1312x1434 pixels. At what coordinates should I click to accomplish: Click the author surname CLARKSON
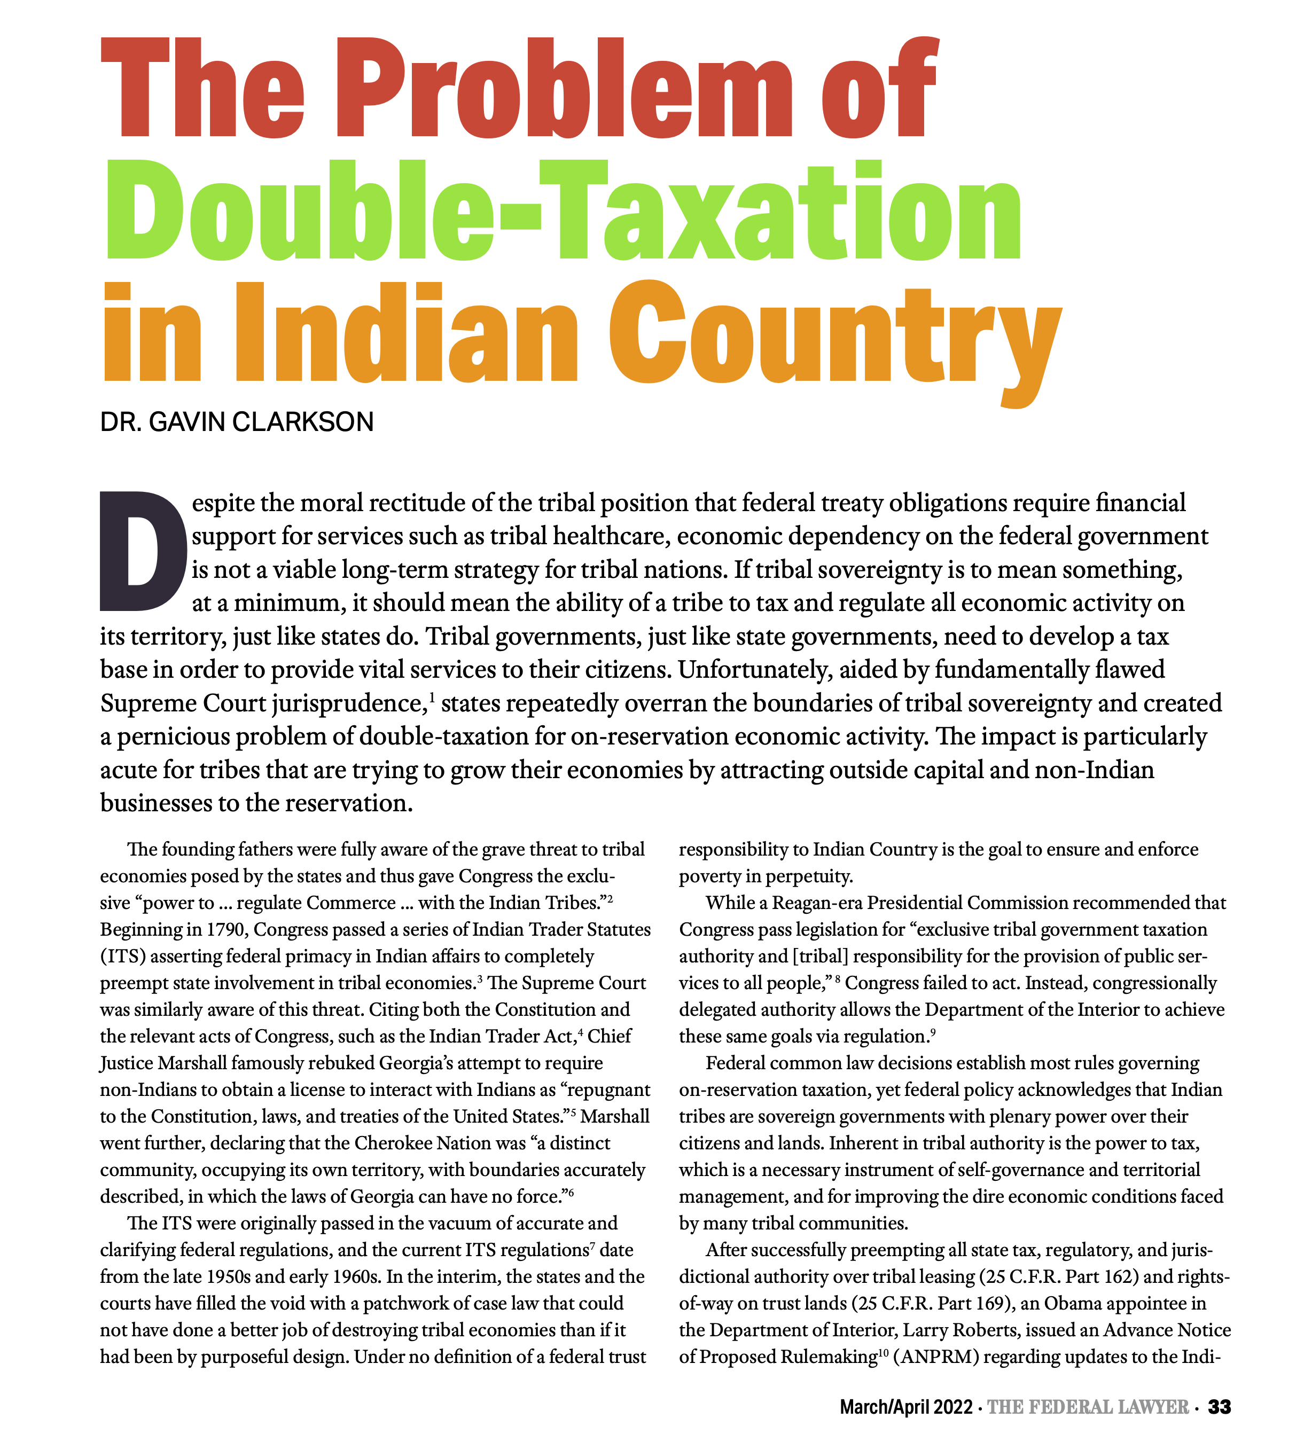point(302,422)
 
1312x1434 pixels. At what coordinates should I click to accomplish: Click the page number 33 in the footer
point(1220,1406)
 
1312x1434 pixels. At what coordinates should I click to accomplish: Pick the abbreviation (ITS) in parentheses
point(122,957)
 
